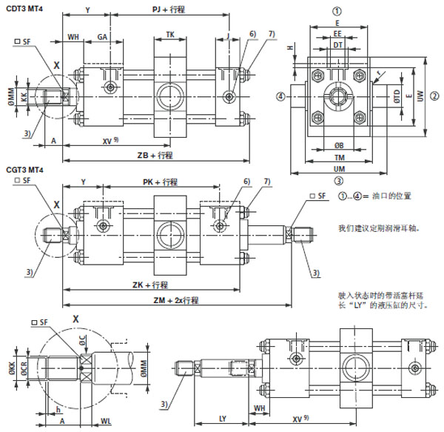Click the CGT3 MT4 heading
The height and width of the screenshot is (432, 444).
point(24,170)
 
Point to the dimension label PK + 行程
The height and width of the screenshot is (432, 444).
point(160,182)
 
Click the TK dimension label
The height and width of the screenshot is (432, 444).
point(170,34)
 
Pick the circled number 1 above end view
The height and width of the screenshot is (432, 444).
point(337,11)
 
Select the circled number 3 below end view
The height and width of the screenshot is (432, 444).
point(337,180)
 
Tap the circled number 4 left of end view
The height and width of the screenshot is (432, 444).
point(281,96)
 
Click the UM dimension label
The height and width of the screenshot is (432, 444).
point(337,168)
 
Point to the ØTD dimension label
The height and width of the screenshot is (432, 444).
point(397,96)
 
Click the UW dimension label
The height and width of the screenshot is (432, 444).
point(422,96)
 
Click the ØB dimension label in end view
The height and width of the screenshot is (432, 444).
point(337,144)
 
